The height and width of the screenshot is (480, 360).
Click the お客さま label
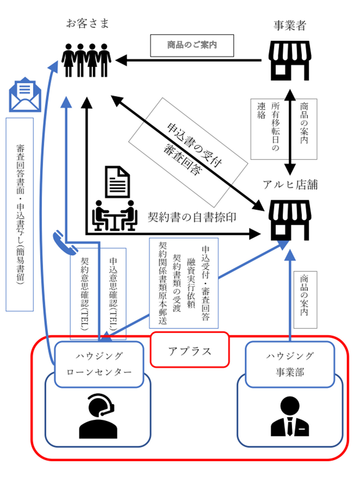tap(87, 23)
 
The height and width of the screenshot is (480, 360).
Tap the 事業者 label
tap(290, 26)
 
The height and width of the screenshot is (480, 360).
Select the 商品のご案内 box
tap(192, 45)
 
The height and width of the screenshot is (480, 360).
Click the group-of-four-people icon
tap(86, 60)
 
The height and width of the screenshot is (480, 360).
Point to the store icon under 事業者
tap(290, 60)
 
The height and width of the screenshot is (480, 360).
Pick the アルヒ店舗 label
tap(290, 185)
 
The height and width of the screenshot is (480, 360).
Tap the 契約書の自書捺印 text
tap(192, 217)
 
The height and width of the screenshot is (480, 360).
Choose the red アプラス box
tap(190, 350)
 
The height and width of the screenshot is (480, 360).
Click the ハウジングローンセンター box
tap(99, 364)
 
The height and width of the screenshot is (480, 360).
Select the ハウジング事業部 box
tap(290, 364)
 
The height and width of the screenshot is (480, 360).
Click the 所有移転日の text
tap(275, 127)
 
